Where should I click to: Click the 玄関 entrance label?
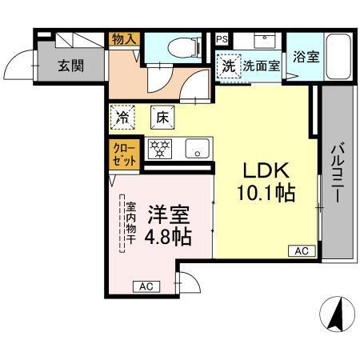(x=70, y=66)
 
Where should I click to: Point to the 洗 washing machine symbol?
(x=229, y=66)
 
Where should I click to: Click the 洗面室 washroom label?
(x=262, y=66)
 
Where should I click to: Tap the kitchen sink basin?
(x=195, y=148)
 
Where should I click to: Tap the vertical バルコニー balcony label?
(x=337, y=172)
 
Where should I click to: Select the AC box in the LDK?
(x=301, y=251)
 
